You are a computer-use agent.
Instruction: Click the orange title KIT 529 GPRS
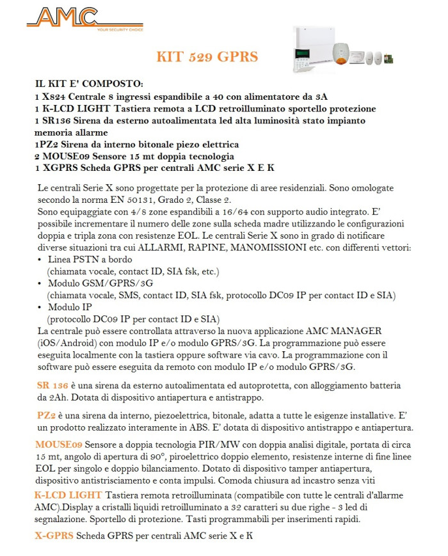(x=207, y=57)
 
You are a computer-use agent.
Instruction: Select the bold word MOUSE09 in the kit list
(x=65, y=157)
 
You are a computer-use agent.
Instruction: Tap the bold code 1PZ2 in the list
(x=47, y=145)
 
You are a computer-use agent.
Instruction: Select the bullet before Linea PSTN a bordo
(x=40, y=260)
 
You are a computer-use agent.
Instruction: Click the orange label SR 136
(x=52, y=386)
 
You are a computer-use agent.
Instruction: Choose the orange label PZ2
(x=46, y=415)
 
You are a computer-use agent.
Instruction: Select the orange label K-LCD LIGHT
(x=68, y=496)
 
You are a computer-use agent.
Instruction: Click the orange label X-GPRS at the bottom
(x=54, y=536)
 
